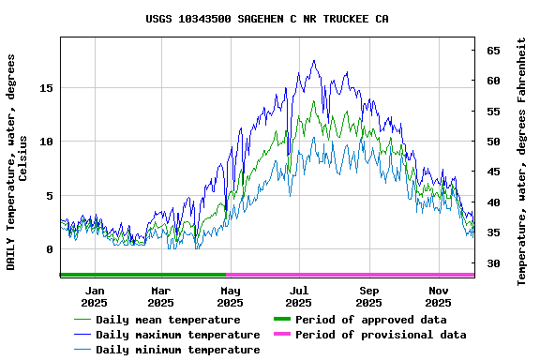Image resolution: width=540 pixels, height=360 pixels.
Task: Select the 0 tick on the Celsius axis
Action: click(x=50, y=249)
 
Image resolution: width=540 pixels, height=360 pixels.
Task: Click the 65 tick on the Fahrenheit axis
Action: click(x=492, y=51)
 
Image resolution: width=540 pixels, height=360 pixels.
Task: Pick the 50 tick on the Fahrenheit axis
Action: click(x=492, y=142)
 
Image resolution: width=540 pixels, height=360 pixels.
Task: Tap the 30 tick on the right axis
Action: click(x=492, y=263)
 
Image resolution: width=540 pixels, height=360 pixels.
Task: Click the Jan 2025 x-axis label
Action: click(x=94, y=296)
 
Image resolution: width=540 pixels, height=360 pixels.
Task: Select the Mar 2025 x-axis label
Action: click(x=160, y=296)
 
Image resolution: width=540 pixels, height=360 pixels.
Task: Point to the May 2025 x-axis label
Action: click(x=230, y=296)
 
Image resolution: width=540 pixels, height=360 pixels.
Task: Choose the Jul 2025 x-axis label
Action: click(x=298, y=296)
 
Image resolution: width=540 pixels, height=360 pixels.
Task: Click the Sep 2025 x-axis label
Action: click(x=368, y=296)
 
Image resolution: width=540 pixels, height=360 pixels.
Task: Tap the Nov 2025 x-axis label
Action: click(x=438, y=296)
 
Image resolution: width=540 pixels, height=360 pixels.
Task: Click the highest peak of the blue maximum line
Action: click(x=314, y=61)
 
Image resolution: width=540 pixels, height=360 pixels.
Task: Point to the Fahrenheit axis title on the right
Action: click(x=521, y=162)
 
